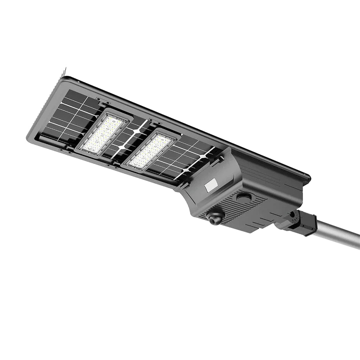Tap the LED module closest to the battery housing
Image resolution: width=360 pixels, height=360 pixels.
[150, 150]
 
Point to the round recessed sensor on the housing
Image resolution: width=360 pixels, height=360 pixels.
[244, 197]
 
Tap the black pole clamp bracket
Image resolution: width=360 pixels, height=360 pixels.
[303, 223]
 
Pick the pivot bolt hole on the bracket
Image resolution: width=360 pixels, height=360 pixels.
[293, 215]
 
